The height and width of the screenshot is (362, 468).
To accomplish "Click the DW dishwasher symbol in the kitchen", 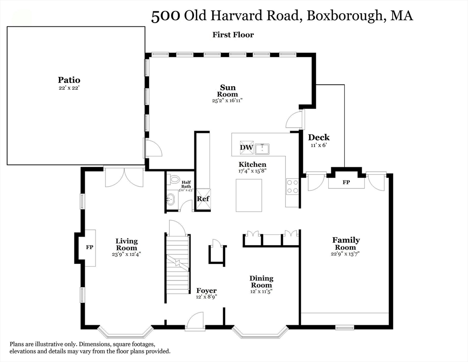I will tap(247, 148).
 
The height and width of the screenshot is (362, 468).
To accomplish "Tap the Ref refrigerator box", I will tap(203, 198).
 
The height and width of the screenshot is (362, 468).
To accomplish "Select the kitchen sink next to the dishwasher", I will tap(262, 149).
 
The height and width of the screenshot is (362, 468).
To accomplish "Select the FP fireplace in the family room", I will tap(346, 181).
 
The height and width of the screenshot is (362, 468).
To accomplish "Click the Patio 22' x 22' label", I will tap(69, 83).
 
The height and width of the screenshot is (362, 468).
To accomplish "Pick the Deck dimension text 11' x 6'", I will tap(319, 145).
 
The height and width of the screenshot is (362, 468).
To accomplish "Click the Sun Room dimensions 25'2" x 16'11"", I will tap(227, 100).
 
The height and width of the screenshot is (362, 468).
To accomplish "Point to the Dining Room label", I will tap(261, 282).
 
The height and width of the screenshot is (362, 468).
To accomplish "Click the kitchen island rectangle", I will tap(248, 196).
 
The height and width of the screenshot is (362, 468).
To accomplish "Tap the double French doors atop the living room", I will tap(124, 177).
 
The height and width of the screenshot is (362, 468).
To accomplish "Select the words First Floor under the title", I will tap(233, 34).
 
